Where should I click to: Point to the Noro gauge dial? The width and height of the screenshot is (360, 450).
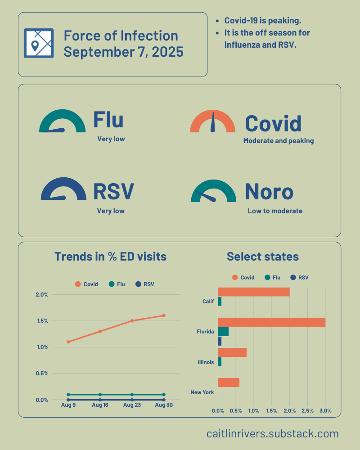point(213,192)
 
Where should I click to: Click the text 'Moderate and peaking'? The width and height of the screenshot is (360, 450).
point(279,141)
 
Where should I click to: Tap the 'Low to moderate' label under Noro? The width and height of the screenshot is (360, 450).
point(275,211)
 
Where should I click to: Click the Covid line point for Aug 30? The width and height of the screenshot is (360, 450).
point(164,315)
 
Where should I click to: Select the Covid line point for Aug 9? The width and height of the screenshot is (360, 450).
point(68,342)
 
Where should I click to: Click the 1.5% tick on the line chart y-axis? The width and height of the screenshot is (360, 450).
point(42,321)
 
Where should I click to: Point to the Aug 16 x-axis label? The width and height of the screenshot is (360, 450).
point(100,405)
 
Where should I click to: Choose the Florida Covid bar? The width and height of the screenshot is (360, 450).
point(271,322)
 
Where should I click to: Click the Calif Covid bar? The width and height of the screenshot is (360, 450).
point(253,292)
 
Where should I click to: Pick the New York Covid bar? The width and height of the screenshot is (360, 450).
point(229,382)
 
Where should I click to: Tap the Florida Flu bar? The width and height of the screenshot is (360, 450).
point(223,332)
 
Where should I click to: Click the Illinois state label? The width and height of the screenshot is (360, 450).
point(206,362)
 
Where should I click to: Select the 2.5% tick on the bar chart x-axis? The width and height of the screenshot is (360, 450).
point(307,411)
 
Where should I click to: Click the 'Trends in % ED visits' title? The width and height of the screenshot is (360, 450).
point(110,256)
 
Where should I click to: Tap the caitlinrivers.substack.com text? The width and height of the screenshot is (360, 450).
point(272,434)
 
